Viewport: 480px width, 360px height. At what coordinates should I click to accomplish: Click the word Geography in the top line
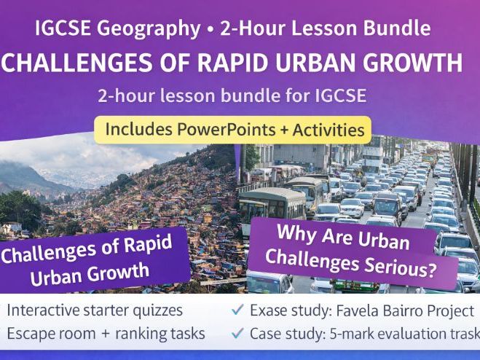[155, 29]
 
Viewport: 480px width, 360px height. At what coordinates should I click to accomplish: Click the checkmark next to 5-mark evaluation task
[237, 334]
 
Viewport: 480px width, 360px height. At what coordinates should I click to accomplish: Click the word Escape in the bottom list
[30, 334]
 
